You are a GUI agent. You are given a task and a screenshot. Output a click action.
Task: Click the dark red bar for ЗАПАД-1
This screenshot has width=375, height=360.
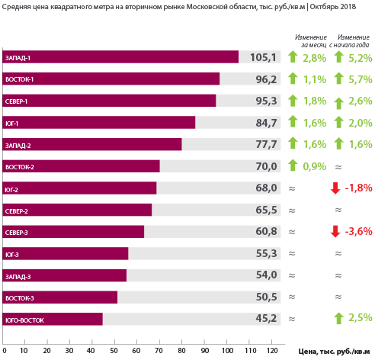click(x=120, y=56)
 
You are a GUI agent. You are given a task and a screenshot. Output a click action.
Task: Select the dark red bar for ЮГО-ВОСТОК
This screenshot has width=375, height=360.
click(x=53, y=319)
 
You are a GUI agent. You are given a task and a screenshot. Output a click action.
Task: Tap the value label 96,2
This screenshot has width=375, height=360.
click(x=266, y=79)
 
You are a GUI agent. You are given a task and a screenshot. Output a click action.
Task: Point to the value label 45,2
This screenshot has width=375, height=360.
click(x=266, y=318)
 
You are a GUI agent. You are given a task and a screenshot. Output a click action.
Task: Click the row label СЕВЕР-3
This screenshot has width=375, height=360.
click(x=17, y=233)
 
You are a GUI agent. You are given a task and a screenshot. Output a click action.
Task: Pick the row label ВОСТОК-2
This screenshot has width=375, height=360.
click(x=20, y=167)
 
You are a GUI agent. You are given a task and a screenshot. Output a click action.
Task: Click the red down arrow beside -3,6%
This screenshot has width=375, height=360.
click(x=335, y=231)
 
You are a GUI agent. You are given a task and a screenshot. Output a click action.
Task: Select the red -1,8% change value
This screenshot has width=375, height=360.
click(x=358, y=188)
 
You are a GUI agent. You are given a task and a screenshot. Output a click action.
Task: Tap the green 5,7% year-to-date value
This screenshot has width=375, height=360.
click(x=361, y=79)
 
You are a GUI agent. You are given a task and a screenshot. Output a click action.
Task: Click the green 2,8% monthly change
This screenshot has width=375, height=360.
click(x=315, y=58)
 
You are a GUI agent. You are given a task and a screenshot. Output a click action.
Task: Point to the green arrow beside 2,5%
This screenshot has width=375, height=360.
click(x=338, y=318)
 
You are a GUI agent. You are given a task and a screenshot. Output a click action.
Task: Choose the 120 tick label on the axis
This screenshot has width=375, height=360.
click(x=272, y=351)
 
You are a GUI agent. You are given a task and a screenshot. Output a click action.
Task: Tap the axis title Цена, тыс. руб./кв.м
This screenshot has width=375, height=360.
click(x=334, y=352)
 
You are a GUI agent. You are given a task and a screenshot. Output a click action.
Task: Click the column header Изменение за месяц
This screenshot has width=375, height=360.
click(x=311, y=41)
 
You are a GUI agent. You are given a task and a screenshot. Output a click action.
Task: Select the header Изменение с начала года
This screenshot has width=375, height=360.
click(x=350, y=41)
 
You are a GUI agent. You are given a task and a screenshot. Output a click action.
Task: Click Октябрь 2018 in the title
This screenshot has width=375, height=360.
click(x=333, y=7)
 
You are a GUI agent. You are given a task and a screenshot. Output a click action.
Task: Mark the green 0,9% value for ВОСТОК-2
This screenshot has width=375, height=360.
click(x=315, y=166)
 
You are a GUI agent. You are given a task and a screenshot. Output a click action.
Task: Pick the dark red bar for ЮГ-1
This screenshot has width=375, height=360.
click(x=99, y=122)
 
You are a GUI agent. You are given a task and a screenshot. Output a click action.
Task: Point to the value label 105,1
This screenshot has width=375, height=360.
click(x=263, y=57)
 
